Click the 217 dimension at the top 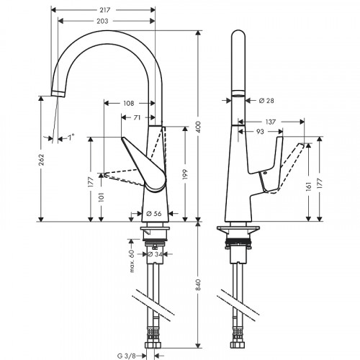tap(105, 9)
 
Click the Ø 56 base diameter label tap(153, 213)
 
